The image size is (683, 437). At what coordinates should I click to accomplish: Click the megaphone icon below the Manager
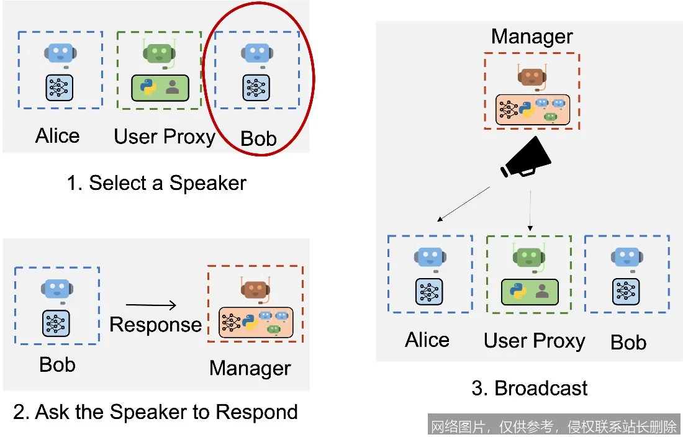click(525, 158)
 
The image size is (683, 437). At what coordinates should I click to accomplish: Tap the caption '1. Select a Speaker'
click(156, 183)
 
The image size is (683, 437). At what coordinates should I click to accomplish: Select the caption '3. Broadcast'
click(529, 389)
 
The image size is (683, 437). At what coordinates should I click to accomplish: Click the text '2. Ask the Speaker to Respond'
click(155, 412)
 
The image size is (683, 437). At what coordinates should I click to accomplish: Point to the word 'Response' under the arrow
click(155, 325)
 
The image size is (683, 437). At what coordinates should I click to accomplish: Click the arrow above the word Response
click(151, 304)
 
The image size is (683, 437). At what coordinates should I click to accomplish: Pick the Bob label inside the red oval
click(258, 138)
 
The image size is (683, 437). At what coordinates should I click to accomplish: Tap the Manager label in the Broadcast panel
click(531, 37)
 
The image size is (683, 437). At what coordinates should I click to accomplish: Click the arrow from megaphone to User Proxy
click(530, 210)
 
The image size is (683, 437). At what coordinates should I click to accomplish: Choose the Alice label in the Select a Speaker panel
click(57, 136)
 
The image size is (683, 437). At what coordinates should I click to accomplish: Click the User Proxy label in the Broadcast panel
click(535, 340)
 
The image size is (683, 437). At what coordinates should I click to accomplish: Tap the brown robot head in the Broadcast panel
click(531, 76)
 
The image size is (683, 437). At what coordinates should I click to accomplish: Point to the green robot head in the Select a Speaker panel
click(159, 53)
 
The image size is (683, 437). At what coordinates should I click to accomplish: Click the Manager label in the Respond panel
click(250, 368)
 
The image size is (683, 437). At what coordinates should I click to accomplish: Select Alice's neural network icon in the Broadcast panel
click(429, 291)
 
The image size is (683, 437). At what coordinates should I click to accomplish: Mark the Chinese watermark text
click(554, 426)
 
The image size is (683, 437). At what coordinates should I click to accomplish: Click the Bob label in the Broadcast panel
click(628, 342)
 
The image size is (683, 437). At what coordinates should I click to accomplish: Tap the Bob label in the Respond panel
click(57, 364)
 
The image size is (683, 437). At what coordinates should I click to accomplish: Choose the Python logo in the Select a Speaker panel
click(148, 88)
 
